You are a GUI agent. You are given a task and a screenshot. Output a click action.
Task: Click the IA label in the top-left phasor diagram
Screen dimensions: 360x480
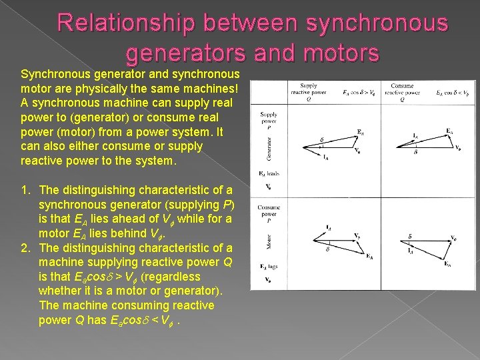(x=326, y=158)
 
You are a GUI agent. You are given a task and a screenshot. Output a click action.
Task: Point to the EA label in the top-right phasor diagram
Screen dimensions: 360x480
(x=450, y=131)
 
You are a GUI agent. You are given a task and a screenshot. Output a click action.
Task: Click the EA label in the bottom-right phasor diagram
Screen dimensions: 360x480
(x=447, y=264)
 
